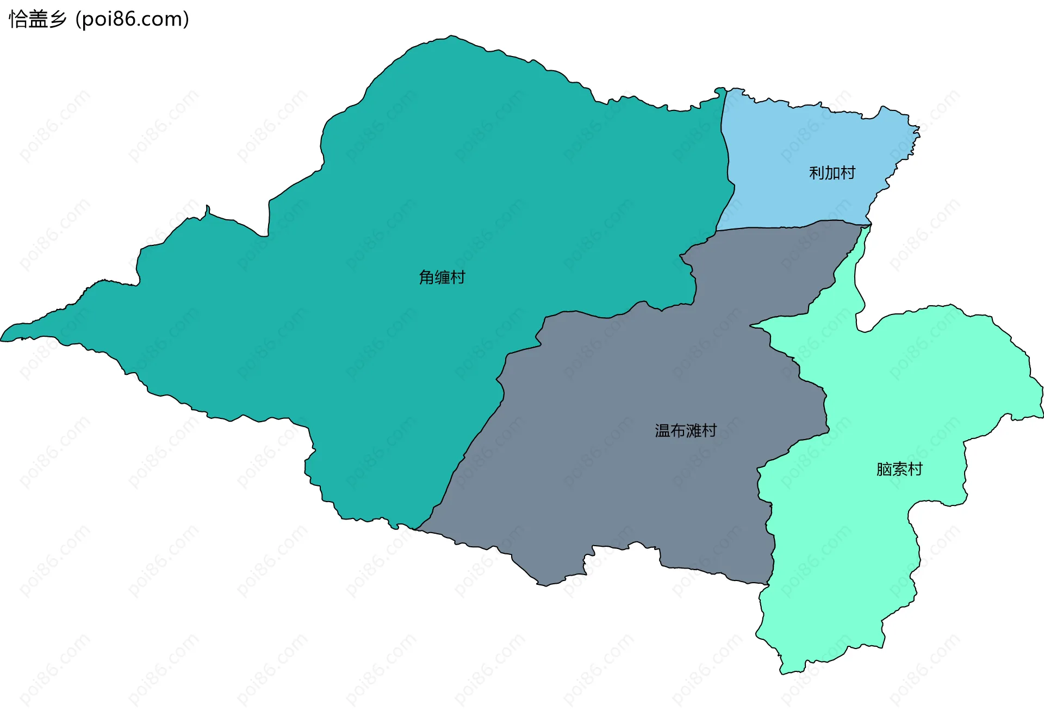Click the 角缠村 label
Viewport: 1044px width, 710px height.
click(x=442, y=277)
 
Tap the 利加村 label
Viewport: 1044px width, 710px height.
click(x=832, y=173)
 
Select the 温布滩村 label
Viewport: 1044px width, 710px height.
click(x=686, y=431)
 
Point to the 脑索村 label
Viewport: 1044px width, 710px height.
click(x=899, y=469)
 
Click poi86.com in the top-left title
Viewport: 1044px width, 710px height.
click(x=132, y=20)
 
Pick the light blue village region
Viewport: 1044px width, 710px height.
click(x=805, y=163)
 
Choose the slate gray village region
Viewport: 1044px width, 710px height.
click(x=625, y=462)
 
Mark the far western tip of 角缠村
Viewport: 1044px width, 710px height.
click(x=2, y=338)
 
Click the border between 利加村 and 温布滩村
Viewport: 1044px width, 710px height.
click(x=788, y=225)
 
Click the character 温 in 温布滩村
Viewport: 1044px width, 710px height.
click(x=662, y=431)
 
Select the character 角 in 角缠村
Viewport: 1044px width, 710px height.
click(x=426, y=277)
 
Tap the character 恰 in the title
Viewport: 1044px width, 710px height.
click(x=18, y=20)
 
